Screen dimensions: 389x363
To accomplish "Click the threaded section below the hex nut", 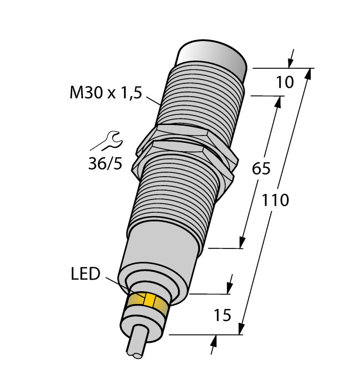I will click(178, 189).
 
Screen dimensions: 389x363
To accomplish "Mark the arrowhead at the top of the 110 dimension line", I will click(307, 74).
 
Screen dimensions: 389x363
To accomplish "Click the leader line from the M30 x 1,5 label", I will click(153, 101).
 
